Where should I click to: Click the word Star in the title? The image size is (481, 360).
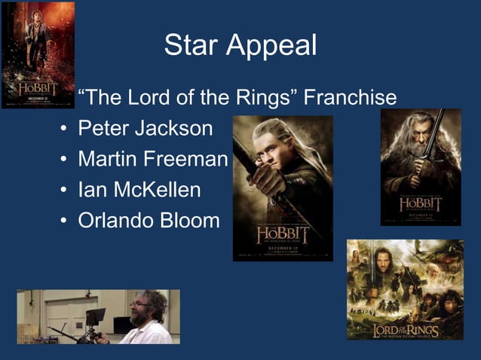194,45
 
